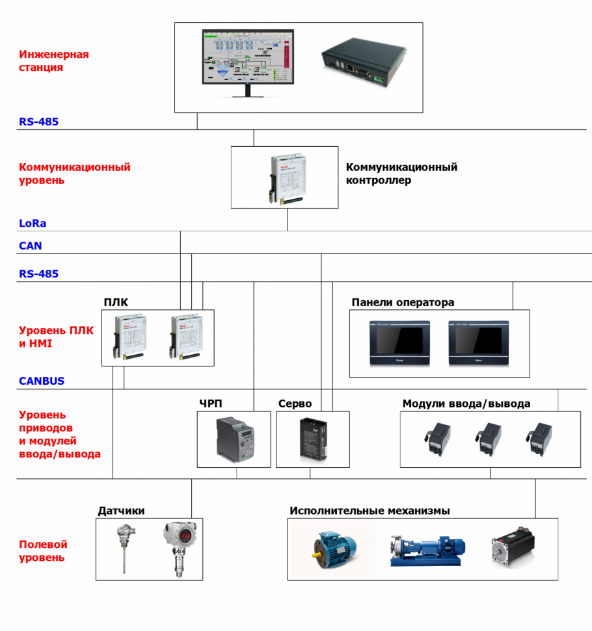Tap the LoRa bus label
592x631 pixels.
[33, 223]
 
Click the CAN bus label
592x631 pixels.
[31, 246]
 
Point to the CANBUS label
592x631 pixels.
[42, 381]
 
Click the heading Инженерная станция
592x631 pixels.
[53, 60]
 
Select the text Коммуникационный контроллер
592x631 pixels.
[401, 174]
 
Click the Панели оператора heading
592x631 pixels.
[403, 302]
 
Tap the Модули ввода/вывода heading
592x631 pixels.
[466, 404]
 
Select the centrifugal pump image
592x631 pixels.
[424, 549]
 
